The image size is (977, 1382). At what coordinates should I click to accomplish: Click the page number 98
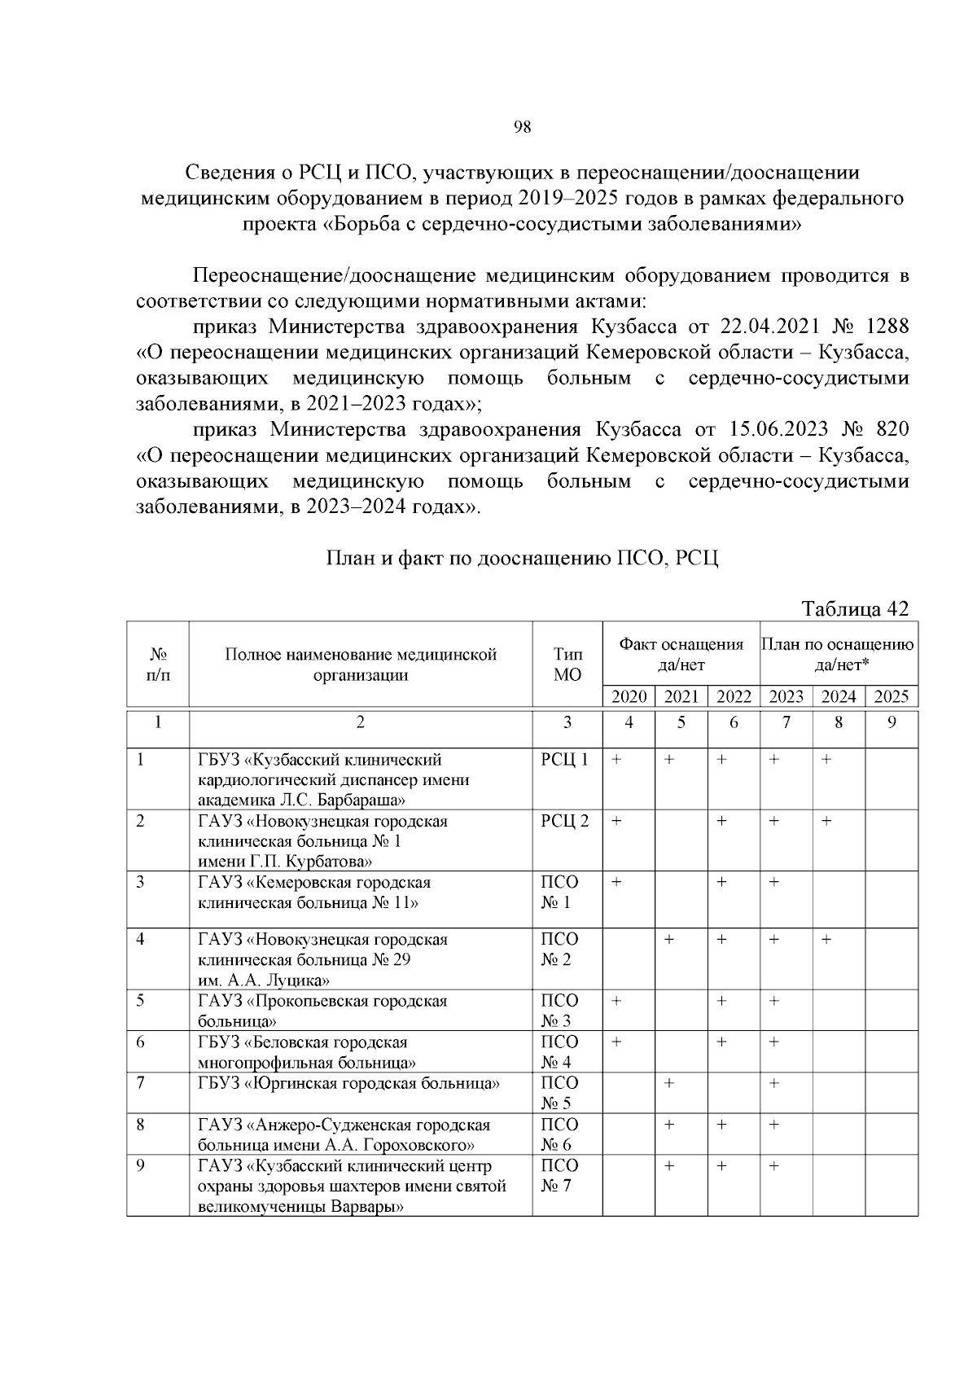coord(522,127)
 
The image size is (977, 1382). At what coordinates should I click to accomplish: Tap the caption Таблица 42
coord(854,608)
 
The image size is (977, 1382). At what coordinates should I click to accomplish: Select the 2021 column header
coord(681,696)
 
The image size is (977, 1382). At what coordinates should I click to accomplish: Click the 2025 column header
coord(891,696)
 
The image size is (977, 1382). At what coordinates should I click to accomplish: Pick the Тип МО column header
coord(567,664)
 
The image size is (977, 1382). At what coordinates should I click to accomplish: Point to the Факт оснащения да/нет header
coord(681,654)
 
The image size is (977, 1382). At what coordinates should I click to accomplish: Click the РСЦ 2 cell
coord(564,821)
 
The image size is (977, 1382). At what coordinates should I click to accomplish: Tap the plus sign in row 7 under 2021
coord(668,1083)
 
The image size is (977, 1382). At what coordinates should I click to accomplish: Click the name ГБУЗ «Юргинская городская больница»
coord(348,1083)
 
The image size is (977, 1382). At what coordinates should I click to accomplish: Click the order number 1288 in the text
coord(887,327)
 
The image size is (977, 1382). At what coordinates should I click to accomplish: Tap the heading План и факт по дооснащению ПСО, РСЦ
coord(522,559)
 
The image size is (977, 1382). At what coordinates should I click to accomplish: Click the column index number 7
coord(786,722)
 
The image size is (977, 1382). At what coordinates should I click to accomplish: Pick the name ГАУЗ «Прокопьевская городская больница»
coord(322,1011)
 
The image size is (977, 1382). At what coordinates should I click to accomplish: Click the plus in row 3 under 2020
coord(616,883)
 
